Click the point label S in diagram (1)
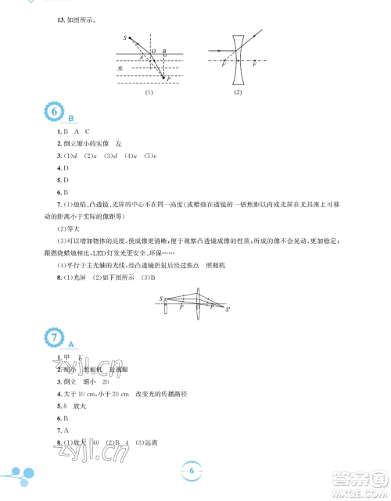(x=124, y=38)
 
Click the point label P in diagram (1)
(x=167, y=79)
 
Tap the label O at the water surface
(x=153, y=51)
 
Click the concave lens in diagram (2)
(x=237, y=56)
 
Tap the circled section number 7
(x=56, y=339)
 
